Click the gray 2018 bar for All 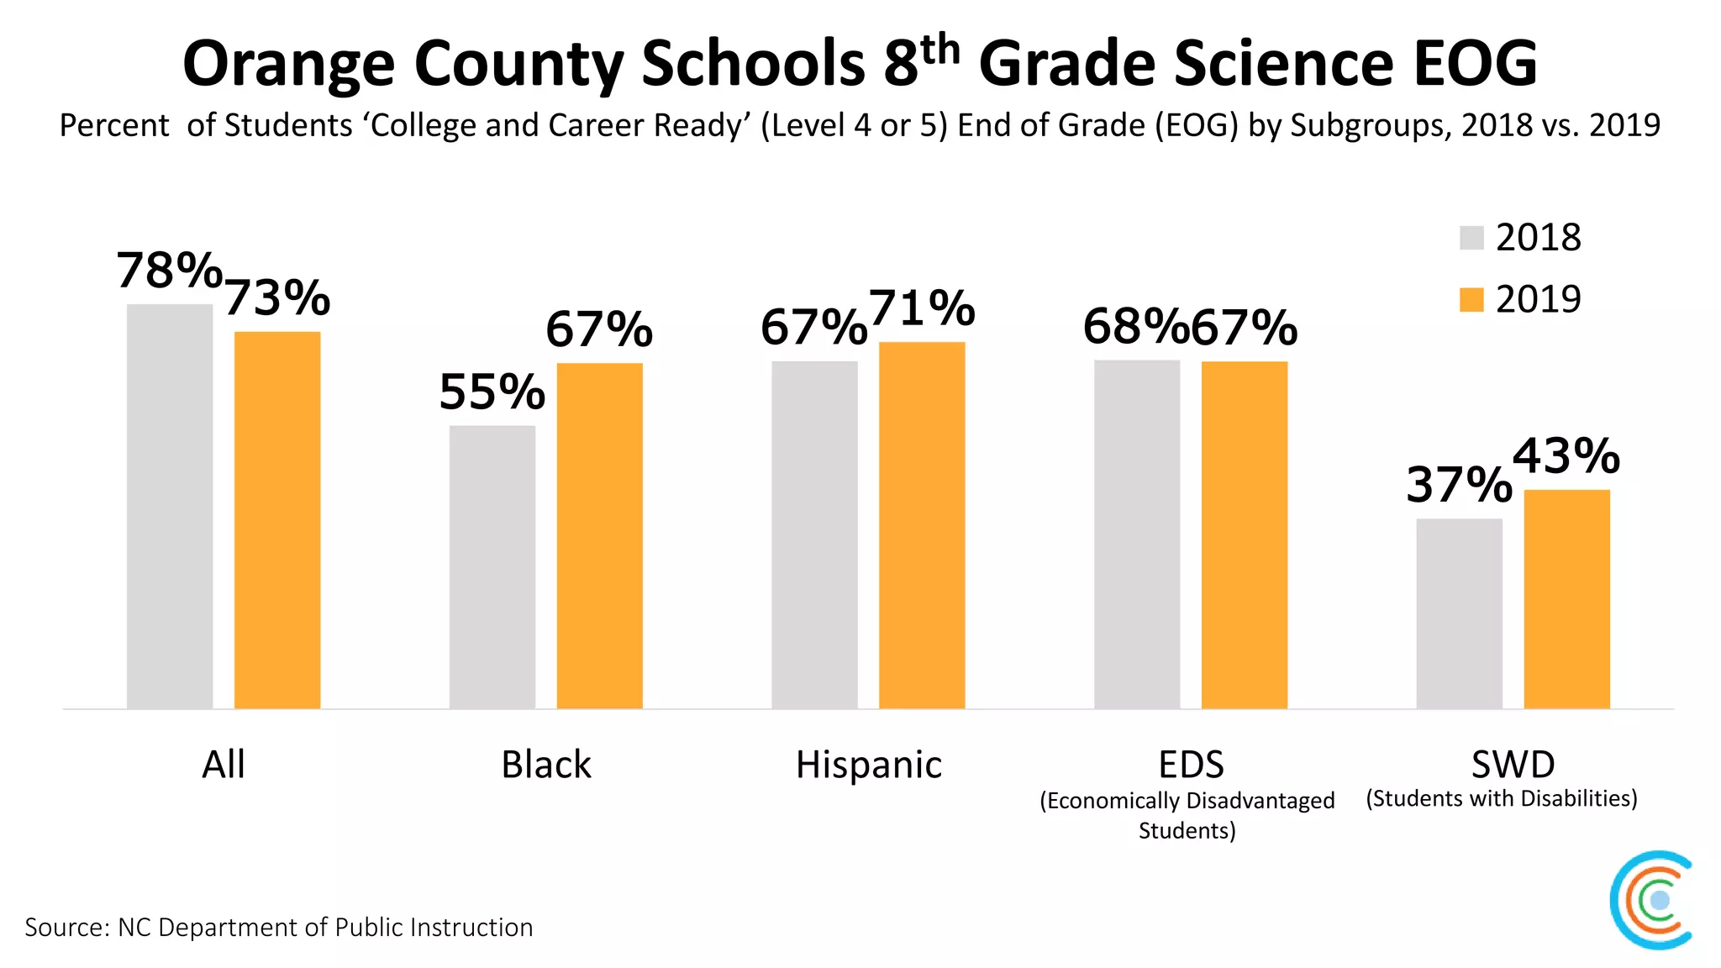[170, 506]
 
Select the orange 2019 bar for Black [599, 535]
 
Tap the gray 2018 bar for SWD [1459, 613]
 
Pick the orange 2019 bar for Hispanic [922, 525]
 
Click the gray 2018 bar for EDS [1137, 534]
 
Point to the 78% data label [169, 271]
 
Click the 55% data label [492, 392]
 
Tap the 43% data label [1566, 455]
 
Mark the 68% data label [1134, 326]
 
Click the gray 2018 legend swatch [1471, 238]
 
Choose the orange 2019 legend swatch [1471, 299]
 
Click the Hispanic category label [868, 765]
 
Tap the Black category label [545, 765]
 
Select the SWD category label [1513, 765]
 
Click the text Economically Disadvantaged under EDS [1187, 801]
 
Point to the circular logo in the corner [1652, 900]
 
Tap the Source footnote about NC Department [278, 927]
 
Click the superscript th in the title [939, 50]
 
